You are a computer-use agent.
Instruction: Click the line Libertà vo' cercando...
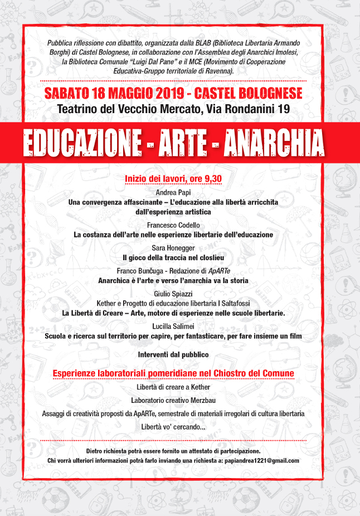click(x=173, y=427)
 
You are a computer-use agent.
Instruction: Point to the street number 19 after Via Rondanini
click(x=283, y=110)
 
